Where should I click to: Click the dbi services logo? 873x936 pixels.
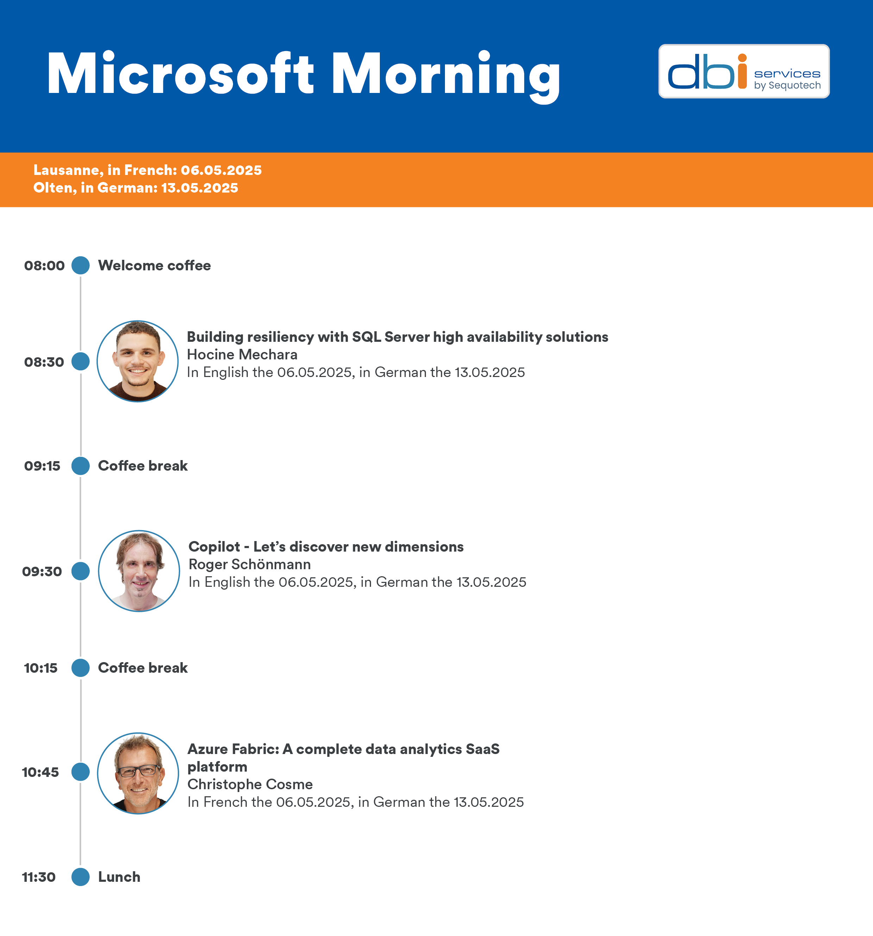pyautogui.click(x=743, y=71)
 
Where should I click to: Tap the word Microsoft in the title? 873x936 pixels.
pyautogui.click(x=180, y=74)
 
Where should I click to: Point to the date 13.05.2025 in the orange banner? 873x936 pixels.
pyautogui.click(x=200, y=188)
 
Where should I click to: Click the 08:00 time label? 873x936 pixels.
pyautogui.click(x=44, y=265)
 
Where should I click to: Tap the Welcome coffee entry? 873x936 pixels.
pyautogui.click(x=154, y=265)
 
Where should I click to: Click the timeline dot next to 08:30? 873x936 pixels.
pyautogui.click(x=81, y=362)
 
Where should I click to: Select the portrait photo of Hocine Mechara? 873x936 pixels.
pyautogui.click(x=138, y=361)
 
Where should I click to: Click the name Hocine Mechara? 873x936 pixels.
pyautogui.click(x=242, y=354)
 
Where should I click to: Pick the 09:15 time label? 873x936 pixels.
pyautogui.click(x=42, y=466)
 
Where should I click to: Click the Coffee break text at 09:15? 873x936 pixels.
pyautogui.click(x=143, y=466)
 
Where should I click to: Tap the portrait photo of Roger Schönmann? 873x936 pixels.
pyautogui.click(x=139, y=571)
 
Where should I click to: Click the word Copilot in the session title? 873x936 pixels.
pyautogui.click(x=214, y=547)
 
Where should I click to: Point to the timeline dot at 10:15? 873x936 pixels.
pyautogui.click(x=81, y=668)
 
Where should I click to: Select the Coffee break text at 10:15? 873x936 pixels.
pyautogui.click(x=143, y=668)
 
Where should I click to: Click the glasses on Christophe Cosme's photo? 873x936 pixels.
pyautogui.click(x=138, y=771)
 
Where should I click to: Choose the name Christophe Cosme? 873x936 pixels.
pyautogui.click(x=250, y=784)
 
